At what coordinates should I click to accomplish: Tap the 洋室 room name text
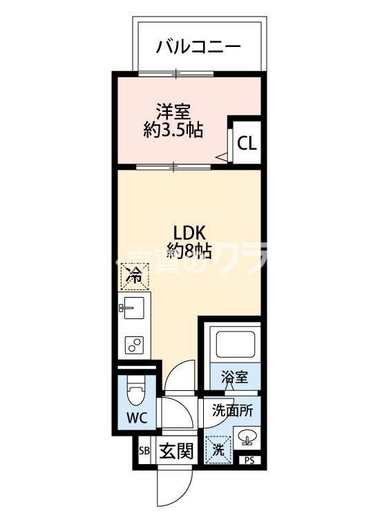click(x=173, y=111)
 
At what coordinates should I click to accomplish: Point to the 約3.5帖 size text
click(x=173, y=130)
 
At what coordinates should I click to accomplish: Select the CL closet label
click(x=247, y=144)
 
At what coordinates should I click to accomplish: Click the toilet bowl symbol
click(x=135, y=396)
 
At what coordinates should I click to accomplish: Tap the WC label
click(x=135, y=419)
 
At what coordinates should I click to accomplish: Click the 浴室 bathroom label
click(x=234, y=377)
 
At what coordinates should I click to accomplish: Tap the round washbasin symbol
click(x=247, y=437)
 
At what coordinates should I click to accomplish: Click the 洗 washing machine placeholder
click(x=218, y=451)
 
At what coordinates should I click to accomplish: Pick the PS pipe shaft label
click(x=247, y=461)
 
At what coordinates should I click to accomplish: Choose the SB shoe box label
click(x=144, y=452)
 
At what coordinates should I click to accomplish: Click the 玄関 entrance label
click(x=175, y=452)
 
